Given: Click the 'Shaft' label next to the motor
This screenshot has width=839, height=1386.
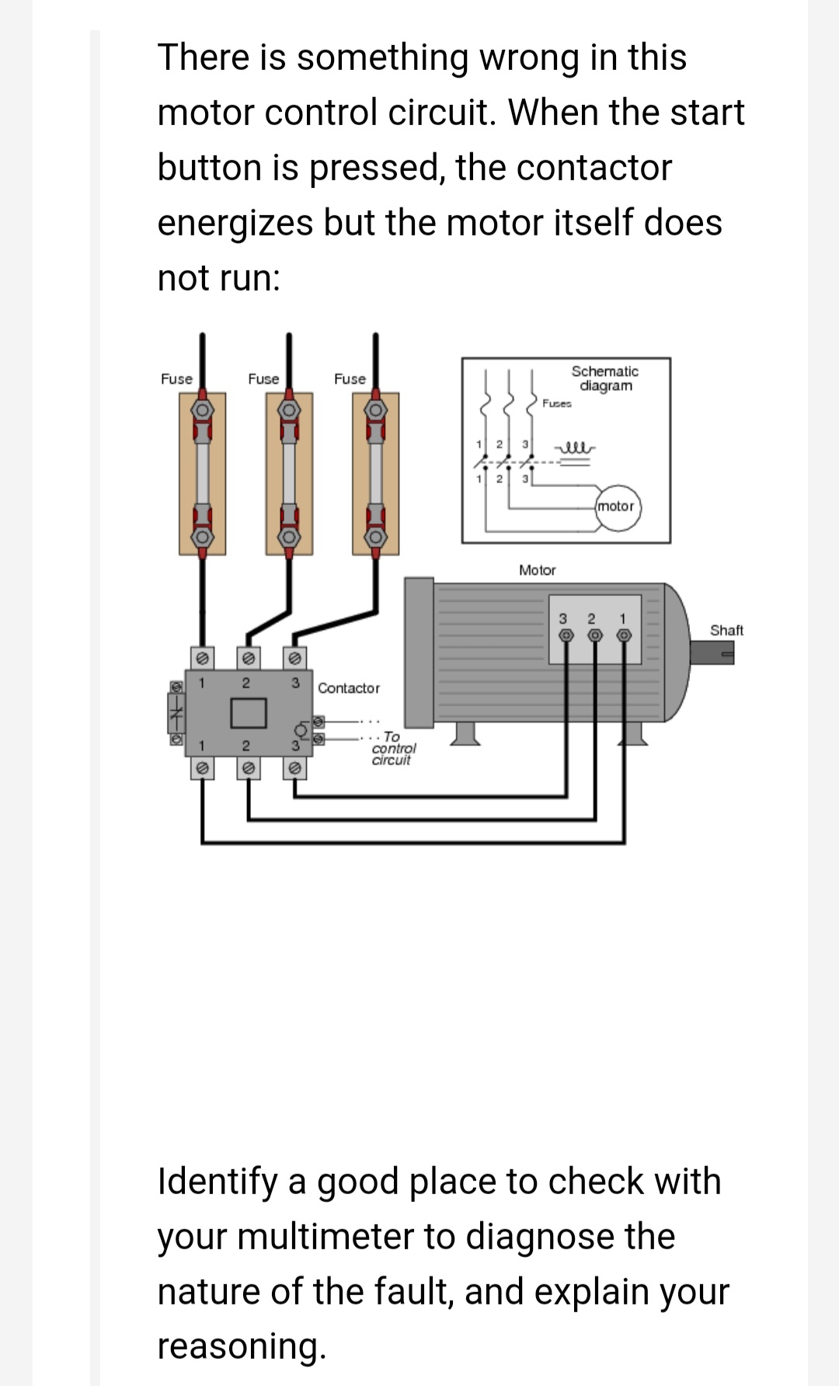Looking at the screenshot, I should click(726, 630).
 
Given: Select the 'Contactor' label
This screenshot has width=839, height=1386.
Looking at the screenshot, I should click(349, 688).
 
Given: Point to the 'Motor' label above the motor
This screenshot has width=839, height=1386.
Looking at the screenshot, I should click(537, 570).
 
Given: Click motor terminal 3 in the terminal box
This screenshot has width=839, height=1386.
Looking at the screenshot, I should click(566, 636).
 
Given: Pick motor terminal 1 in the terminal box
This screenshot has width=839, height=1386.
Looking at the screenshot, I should click(623, 636).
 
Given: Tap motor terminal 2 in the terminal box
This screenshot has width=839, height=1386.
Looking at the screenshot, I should click(595, 636).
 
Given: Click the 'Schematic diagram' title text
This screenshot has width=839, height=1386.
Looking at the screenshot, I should click(605, 378).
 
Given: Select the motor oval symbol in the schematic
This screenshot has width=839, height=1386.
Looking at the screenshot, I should click(616, 507).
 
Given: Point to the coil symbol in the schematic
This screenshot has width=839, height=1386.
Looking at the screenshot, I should click(574, 448).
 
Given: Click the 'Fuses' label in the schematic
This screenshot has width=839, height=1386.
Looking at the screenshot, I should click(557, 403).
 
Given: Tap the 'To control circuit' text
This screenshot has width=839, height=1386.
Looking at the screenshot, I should click(392, 748).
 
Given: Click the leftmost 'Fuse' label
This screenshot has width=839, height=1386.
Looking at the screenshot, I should click(176, 379).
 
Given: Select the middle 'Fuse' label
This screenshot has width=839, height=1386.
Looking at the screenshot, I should click(263, 379).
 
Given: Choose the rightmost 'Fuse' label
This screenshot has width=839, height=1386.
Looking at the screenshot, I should click(350, 379).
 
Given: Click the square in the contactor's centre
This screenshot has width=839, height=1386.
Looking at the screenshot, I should click(248, 710).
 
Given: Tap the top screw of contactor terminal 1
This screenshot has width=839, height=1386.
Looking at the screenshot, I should click(202, 658).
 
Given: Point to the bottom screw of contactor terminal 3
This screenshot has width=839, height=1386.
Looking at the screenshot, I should click(294, 768).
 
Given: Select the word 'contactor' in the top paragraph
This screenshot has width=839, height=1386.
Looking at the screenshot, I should click(594, 167).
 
